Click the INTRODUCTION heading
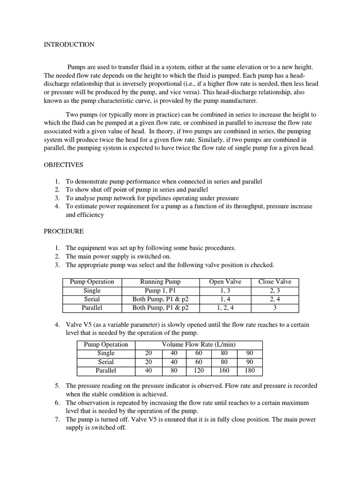point(69,45)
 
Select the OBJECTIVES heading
point(64,166)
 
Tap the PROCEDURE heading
point(64,232)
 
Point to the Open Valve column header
point(225,282)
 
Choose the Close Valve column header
point(275,282)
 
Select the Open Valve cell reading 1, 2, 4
point(225,308)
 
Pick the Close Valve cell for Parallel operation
point(275,308)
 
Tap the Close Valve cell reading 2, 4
point(275,299)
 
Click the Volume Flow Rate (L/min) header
point(199,345)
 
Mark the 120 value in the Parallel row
point(199,370)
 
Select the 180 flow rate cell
point(250,370)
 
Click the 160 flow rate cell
point(224,370)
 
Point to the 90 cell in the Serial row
point(250,362)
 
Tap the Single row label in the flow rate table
point(106,353)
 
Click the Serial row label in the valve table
point(92,299)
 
